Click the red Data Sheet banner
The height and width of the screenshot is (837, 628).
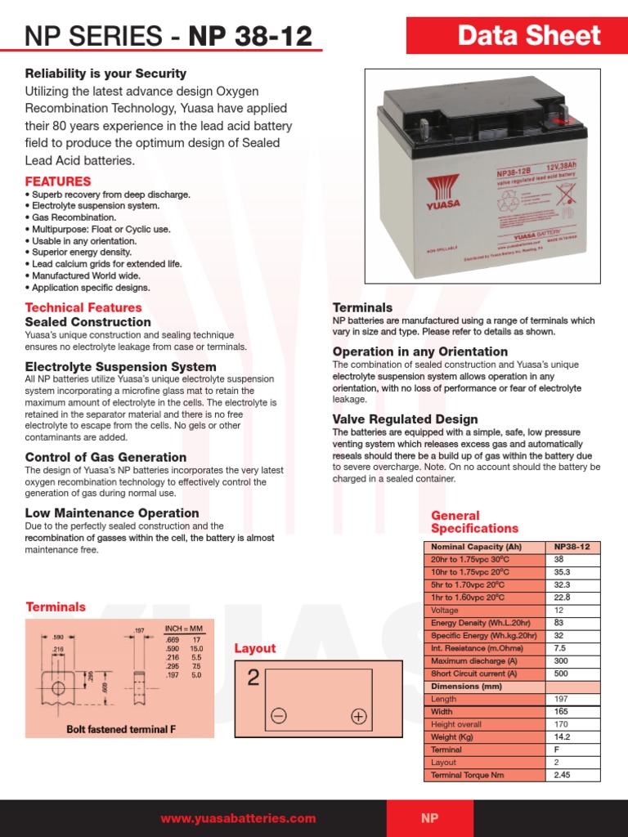[x=529, y=36]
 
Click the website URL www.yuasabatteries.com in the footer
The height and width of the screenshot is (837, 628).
[x=238, y=818]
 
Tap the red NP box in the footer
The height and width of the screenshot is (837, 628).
[x=429, y=818]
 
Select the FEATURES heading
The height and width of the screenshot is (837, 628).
[x=58, y=181]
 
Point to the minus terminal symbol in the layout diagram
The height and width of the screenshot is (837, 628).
[x=278, y=717]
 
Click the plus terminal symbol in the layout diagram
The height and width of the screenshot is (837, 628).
[x=358, y=717]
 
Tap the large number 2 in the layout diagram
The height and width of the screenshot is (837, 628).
[x=253, y=678]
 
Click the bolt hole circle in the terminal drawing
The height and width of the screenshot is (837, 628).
[x=58, y=689]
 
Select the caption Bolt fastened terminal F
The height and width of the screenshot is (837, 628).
[x=121, y=728]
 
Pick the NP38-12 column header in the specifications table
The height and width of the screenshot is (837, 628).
[x=572, y=547]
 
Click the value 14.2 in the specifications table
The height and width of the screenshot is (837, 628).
[x=563, y=736]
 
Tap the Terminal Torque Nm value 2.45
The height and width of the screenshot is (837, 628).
[x=563, y=775]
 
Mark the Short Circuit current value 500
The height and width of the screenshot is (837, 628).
[x=561, y=674]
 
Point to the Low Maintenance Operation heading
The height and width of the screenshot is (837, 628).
[x=112, y=512]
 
